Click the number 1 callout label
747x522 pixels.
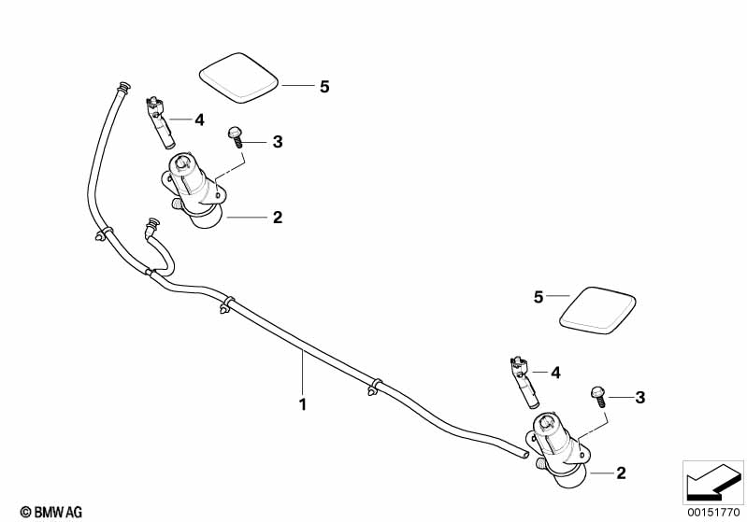click(x=302, y=405)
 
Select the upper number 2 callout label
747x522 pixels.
click(x=277, y=218)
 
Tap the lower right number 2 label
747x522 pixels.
click(x=621, y=473)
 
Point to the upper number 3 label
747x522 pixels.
click(x=277, y=142)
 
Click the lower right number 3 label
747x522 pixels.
click(x=639, y=398)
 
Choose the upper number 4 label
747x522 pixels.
click(x=198, y=120)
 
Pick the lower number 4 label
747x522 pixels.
click(x=555, y=373)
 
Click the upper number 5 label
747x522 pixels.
click(x=324, y=87)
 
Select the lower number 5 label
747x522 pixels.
click(x=538, y=297)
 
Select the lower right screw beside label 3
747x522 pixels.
click(x=597, y=394)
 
